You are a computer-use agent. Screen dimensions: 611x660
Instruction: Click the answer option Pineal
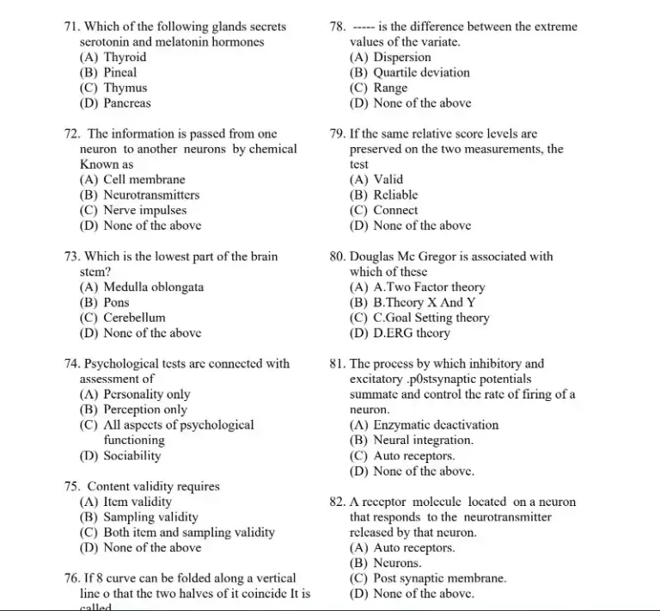click(119, 72)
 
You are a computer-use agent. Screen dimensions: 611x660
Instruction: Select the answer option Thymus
click(125, 88)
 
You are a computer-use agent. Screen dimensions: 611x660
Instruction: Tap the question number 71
click(72, 27)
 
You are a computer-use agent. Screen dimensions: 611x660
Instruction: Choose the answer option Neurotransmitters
click(150, 194)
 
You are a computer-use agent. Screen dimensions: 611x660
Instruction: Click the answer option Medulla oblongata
click(153, 287)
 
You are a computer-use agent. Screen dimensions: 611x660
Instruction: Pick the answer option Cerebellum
click(134, 318)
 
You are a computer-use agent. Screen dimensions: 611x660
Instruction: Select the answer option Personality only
click(146, 394)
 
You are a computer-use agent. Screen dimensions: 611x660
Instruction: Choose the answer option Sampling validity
click(150, 517)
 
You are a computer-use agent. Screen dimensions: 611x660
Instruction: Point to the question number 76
click(72, 578)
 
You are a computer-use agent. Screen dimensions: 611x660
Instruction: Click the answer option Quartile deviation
click(421, 72)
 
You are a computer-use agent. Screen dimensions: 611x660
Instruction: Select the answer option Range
click(390, 88)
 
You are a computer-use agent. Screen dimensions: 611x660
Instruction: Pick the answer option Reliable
click(395, 194)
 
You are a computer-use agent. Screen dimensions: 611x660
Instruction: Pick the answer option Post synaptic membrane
click(439, 578)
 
